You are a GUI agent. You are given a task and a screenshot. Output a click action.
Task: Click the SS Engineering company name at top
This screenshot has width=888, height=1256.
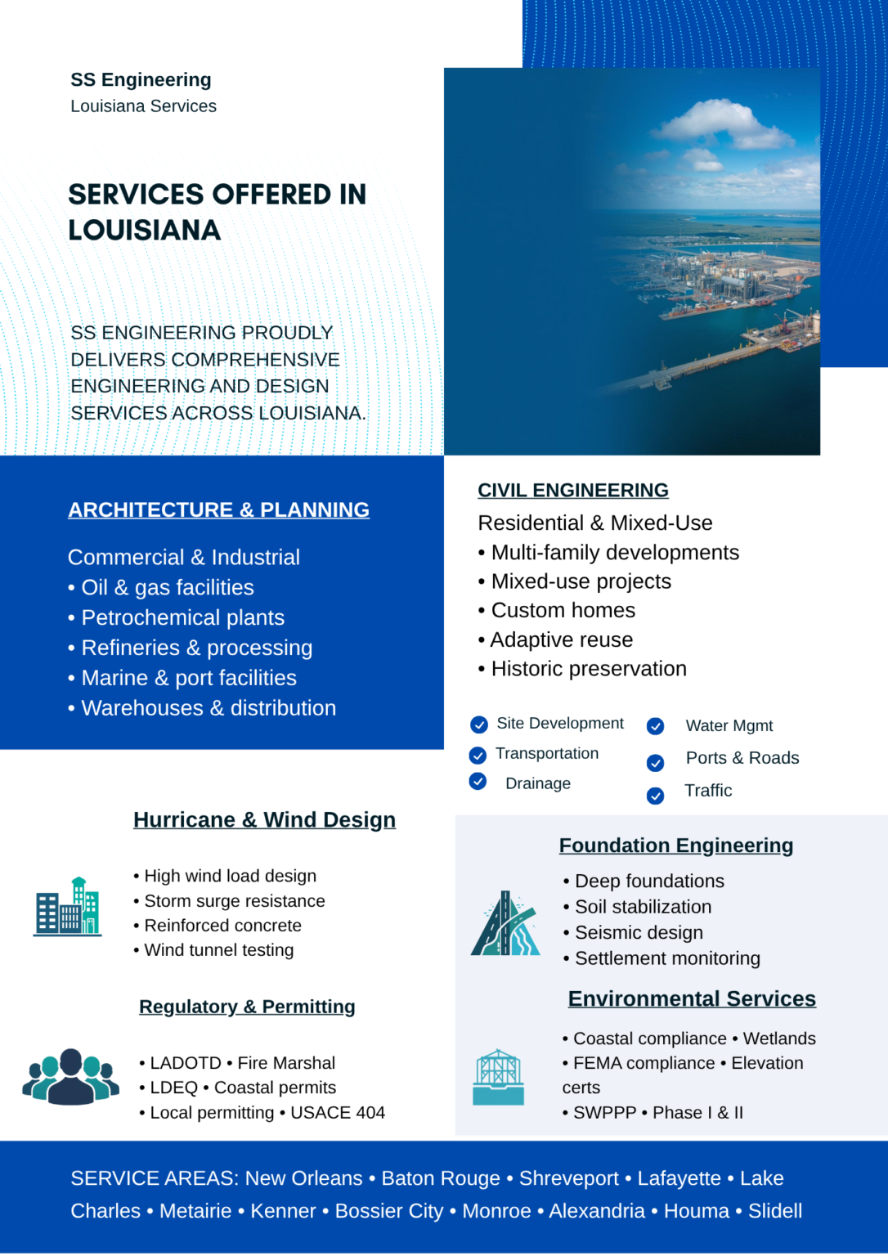click(141, 80)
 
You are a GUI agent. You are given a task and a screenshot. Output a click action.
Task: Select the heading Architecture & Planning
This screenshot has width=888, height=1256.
click(218, 510)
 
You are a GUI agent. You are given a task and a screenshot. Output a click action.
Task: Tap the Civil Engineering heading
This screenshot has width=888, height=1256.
click(572, 491)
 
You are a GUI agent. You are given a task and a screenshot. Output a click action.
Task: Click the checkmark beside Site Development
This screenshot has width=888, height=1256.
click(479, 724)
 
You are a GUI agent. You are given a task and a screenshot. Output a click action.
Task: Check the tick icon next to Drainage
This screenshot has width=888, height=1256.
click(478, 782)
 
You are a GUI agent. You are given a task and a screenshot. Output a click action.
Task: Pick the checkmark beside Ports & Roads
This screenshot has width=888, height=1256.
click(655, 763)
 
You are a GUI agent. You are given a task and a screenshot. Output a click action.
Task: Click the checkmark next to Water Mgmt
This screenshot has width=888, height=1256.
click(655, 726)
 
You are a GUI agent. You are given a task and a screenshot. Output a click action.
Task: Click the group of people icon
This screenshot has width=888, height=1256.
click(71, 1076)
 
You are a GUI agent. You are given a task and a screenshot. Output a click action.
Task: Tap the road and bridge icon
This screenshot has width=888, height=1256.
click(505, 924)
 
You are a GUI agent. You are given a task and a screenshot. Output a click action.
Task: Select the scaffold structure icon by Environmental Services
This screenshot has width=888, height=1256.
click(499, 1077)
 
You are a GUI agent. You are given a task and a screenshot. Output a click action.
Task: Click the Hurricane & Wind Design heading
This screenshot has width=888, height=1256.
click(264, 820)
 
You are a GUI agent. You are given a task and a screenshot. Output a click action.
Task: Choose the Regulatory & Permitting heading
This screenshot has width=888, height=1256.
click(247, 1007)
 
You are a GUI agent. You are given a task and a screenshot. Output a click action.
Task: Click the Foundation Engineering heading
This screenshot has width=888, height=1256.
click(675, 846)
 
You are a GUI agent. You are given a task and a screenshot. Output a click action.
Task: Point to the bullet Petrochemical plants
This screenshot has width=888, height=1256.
click(182, 618)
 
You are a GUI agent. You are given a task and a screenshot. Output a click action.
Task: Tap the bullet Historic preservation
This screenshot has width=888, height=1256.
click(588, 669)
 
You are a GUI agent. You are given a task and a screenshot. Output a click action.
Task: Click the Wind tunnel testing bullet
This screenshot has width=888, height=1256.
click(218, 950)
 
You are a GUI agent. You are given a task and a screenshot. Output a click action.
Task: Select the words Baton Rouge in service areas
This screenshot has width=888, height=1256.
click(441, 1178)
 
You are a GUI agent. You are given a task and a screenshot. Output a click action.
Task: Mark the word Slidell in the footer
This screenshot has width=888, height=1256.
click(775, 1211)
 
